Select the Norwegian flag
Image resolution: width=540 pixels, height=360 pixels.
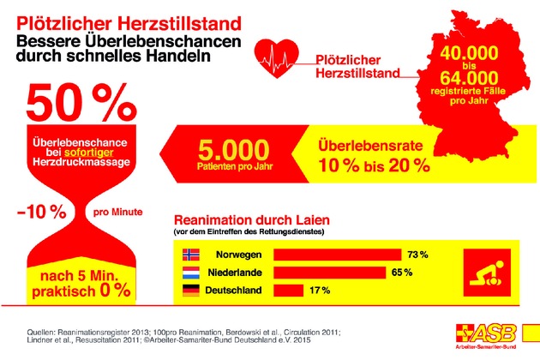point(191,255)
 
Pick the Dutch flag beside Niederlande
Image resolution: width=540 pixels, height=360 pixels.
point(191,273)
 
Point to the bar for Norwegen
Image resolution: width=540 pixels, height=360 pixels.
point(337,255)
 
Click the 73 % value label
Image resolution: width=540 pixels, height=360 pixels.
point(417,255)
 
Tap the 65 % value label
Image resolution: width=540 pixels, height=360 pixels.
point(403,273)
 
